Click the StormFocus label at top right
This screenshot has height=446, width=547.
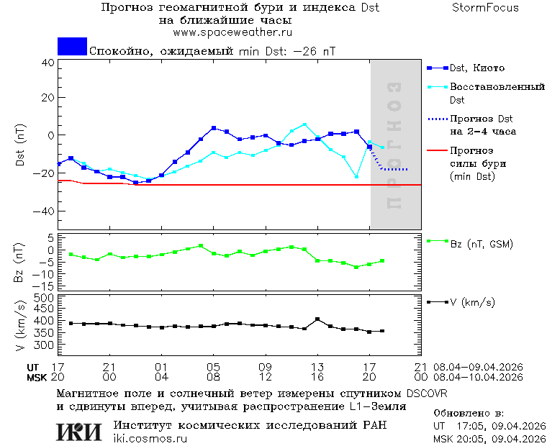[485, 8]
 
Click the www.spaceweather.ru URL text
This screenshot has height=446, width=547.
[232, 32]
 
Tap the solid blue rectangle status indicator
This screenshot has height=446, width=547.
[72, 47]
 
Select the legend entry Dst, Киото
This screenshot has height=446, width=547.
[476, 68]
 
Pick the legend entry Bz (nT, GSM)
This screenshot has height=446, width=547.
[482, 244]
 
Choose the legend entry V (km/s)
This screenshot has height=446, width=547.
[472, 303]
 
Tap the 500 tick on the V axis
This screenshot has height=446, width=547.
[45, 297]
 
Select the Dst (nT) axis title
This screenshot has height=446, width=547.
[20, 146]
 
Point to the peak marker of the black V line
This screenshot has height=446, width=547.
[317, 319]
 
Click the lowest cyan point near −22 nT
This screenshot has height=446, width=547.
[356, 176]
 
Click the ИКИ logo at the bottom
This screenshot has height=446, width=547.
[79, 431]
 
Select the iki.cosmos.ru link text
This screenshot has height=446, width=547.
[150, 438]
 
